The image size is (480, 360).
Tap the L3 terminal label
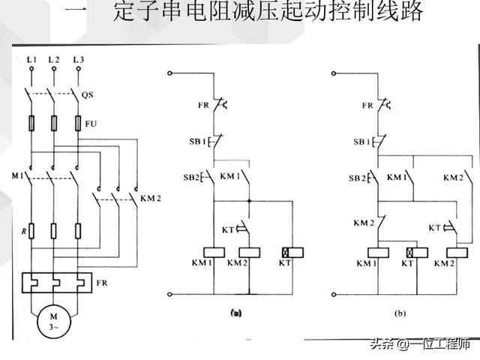(78, 58)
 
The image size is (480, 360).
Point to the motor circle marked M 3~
(53, 320)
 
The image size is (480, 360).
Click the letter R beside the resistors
(23, 233)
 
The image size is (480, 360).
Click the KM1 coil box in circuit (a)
(214, 251)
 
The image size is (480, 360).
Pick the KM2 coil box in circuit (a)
(248, 251)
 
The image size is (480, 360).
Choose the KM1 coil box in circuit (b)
(376, 251)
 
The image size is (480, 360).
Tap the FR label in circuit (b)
(367, 106)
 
